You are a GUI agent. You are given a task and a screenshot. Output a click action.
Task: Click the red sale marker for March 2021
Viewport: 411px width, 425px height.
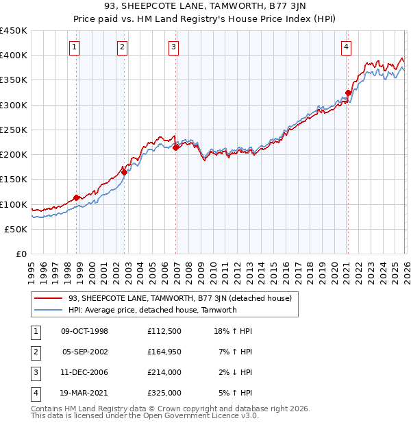tap(348, 93)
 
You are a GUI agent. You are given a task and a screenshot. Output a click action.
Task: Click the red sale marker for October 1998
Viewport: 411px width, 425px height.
tap(76, 198)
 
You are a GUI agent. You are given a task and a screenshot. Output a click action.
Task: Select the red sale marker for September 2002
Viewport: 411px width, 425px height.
tap(124, 172)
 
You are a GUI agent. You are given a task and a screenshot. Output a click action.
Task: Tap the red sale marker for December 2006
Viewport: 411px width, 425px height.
tap(176, 147)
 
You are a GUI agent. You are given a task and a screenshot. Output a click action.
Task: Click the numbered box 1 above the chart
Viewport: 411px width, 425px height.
tap(74, 47)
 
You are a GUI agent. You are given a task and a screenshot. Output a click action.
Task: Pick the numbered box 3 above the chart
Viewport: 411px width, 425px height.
tap(174, 47)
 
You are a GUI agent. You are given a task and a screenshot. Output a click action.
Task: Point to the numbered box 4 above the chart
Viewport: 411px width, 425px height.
tap(346, 47)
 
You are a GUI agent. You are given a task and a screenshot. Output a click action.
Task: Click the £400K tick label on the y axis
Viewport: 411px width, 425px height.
tap(14, 56)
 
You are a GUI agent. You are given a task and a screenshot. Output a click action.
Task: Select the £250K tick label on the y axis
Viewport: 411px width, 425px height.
tap(14, 130)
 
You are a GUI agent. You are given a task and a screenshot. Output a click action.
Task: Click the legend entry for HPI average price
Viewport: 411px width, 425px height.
tap(152, 310)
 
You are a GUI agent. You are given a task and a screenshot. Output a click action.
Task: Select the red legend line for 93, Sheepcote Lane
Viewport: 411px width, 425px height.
tap(49, 298)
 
